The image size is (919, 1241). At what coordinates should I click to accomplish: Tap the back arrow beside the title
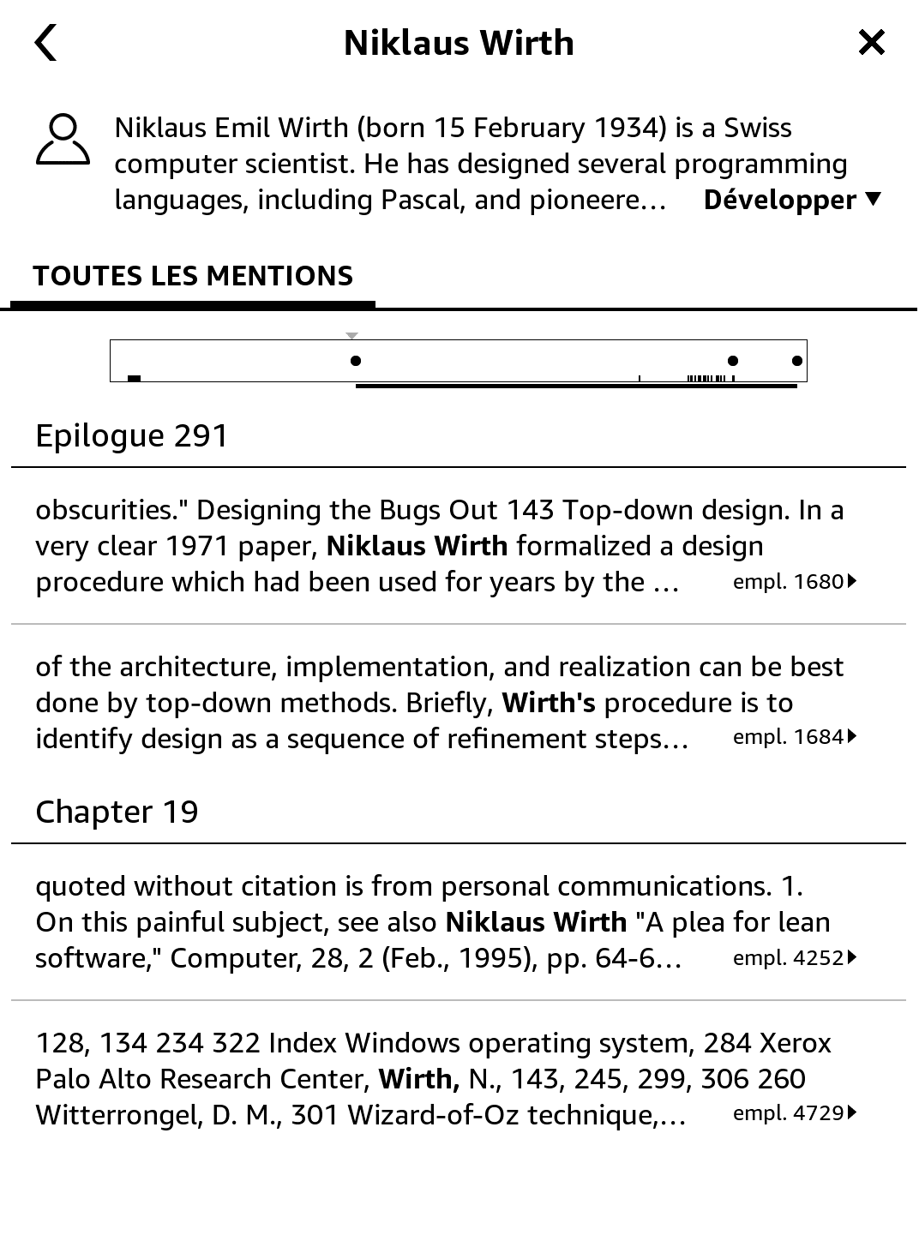click(46, 43)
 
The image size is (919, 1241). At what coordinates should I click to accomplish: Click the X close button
click(871, 42)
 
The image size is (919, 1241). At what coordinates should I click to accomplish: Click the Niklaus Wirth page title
click(459, 43)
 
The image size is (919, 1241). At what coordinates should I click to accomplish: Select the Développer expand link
click(791, 201)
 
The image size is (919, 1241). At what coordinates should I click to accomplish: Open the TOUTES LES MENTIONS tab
click(193, 276)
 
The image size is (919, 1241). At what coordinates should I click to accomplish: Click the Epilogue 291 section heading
click(132, 435)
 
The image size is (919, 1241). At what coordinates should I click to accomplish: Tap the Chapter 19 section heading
click(117, 812)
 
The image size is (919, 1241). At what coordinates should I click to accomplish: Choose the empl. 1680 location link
click(794, 582)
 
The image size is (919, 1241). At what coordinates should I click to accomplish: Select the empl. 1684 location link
click(794, 737)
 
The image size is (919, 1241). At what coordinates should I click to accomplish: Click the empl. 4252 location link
click(794, 958)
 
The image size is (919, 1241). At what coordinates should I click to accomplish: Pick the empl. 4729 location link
click(794, 1113)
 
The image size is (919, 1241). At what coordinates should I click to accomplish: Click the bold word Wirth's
click(549, 703)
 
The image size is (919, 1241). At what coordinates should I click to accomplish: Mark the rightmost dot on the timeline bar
click(797, 361)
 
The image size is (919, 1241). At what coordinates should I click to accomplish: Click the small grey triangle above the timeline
click(351, 336)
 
